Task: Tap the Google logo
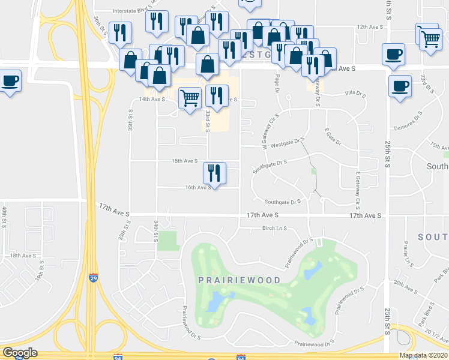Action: [19, 353]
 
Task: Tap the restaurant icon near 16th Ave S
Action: [214, 173]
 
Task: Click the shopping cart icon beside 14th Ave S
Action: [190, 97]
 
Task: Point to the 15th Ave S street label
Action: [185, 161]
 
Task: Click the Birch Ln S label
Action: [276, 229]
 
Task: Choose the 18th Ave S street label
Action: [23, 256]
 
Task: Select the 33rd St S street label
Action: [208, 120]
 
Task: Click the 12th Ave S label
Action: [370, 27]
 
